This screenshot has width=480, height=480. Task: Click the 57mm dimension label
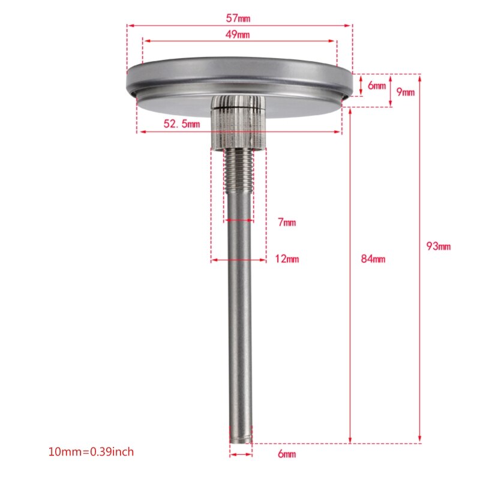(x=239, y=18)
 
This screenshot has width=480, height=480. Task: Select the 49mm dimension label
(x=239, y=34)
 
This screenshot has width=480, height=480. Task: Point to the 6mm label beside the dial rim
(x=377, y=86)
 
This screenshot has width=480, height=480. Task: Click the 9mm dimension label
(x=406, y=92)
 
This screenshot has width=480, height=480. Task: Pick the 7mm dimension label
(x=287, y=223)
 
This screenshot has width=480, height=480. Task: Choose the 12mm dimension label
(x=287, y=259)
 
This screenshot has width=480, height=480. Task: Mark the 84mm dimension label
(x=373, y=259)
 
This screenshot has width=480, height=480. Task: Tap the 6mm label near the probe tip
(x=287, y=454)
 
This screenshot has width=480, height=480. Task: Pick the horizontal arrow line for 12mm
(x=238, y=260)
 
